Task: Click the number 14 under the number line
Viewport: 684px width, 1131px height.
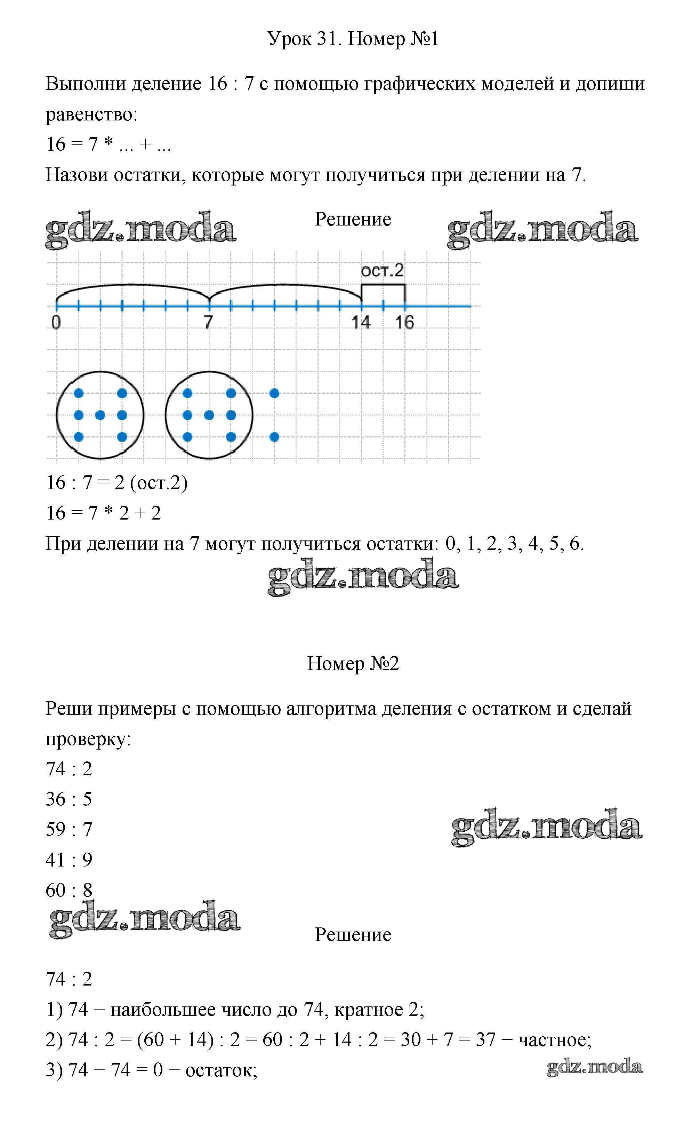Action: tap(361, 322)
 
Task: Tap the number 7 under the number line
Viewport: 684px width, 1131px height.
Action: tap(209, 322)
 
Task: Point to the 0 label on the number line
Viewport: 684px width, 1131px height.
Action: tap(56, 323)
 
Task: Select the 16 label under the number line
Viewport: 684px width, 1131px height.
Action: tap(404, 322)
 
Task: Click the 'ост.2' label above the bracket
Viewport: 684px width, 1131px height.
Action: tap(382, 271)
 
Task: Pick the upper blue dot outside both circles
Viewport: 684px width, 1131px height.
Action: tap(274, 393)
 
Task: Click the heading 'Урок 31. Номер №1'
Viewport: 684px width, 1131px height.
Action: tap(353, 39)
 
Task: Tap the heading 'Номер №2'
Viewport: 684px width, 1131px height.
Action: tap(353, 664)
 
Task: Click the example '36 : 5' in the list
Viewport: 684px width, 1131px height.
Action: tap(69, 799)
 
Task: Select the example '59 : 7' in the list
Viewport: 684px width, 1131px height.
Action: tap(69, 829)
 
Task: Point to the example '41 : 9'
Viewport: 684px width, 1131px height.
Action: tap(69, 860)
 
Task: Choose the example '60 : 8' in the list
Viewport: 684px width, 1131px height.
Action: tap(69, 890)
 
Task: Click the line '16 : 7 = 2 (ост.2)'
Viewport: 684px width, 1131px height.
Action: tap(117, 483)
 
